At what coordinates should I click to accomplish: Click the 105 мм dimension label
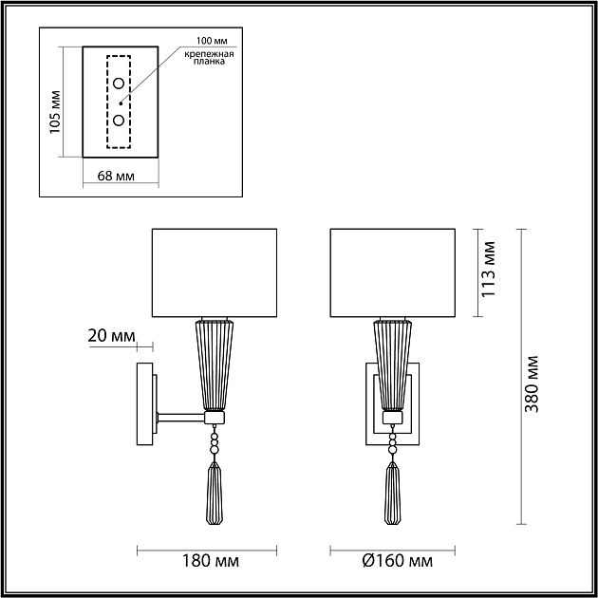pyautogui.click(x=55, y=112)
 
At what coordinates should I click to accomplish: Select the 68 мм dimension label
pyautogui.click(x=116, y=176)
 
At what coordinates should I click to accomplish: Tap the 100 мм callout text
pyautogui.click(x=212, y=41)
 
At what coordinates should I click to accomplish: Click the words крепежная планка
pyautogui.click(x=209, y=58)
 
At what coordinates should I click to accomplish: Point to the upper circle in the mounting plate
pyautogui.click(x=119, y=84)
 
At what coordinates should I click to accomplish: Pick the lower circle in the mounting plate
pyautogui.click(x=119, y=121)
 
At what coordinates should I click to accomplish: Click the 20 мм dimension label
pyautogui.click(x=111, y=336)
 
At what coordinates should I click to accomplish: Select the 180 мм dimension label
pyautogui.click(x=211, y=561)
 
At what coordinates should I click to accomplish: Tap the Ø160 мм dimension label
pyautogui.click(x=398, y=561)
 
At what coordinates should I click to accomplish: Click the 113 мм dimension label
pyautogui.click(x=489, y=269)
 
